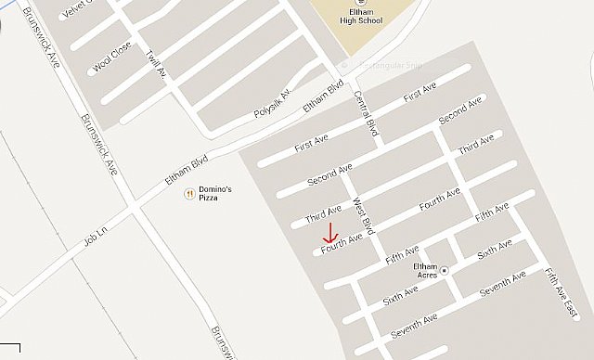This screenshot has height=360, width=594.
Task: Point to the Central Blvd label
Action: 368,110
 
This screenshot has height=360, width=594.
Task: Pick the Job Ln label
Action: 97,233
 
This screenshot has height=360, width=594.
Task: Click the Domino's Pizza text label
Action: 214,194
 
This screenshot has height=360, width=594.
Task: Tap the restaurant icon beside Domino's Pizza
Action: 188,193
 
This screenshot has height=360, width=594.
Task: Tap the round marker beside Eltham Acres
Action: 445,270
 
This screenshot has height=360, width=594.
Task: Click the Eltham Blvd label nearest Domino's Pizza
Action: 186,170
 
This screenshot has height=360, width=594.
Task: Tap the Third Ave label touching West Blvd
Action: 323,214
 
